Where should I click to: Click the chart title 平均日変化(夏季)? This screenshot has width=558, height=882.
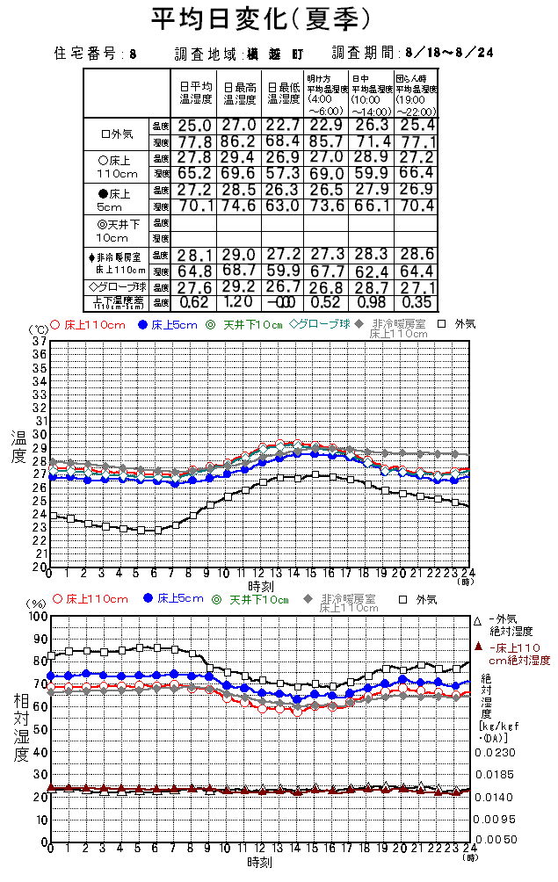[x=261, y=18]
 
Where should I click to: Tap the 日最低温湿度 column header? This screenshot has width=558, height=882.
[x=282, y=93]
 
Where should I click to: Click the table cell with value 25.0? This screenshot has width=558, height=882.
[x=194, y=127]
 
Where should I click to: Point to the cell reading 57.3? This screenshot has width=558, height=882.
[x=282, y=174]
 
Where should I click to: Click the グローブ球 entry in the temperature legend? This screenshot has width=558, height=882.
[x=320, y=324]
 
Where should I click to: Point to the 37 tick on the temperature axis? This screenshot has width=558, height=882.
[x=40, y=341]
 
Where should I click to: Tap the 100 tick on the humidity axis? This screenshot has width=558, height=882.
[x=35, y=616]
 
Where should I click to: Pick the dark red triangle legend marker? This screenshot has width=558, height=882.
[x=478, y=647]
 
